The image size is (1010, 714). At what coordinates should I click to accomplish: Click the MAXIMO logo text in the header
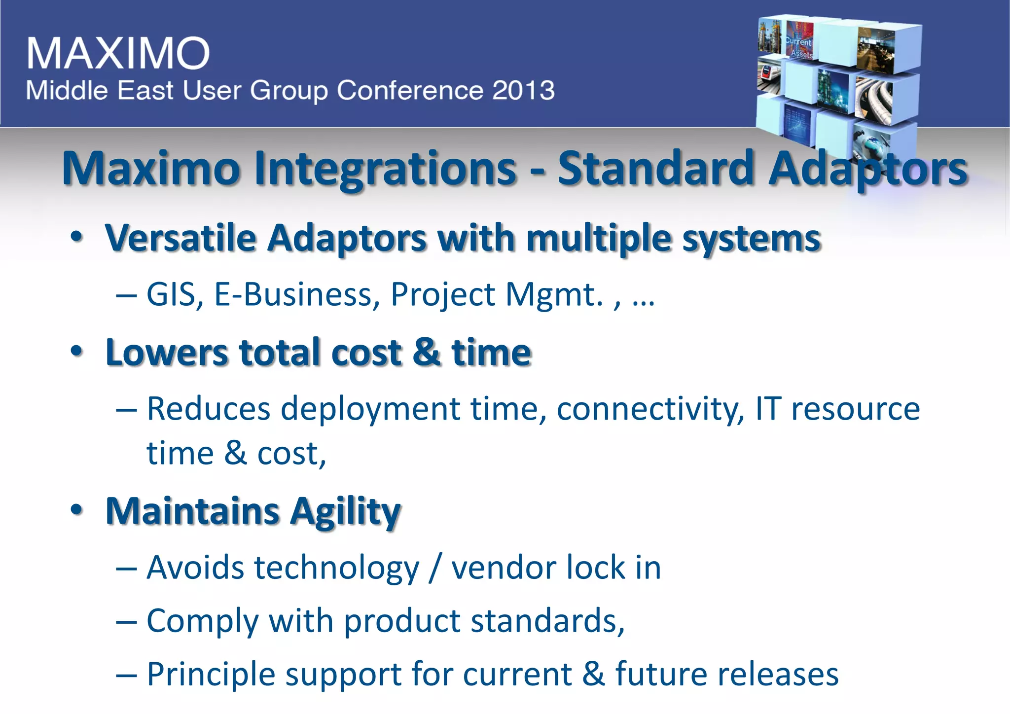point(118,53)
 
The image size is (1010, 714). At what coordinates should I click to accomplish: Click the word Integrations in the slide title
point(385,169)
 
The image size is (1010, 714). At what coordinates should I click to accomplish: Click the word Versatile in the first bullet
point(180,239)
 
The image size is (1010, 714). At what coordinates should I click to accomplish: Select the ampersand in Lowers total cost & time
point(427,353)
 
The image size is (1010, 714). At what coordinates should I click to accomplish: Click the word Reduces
point(209,409)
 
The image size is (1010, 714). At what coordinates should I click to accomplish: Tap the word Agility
point(345,512)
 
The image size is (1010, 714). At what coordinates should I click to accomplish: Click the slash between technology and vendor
point(434,568)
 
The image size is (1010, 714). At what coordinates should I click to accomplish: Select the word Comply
point(203,621)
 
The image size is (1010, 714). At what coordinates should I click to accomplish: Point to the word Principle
point(211,675)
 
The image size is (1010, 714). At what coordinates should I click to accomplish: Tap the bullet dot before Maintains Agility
point(76,510)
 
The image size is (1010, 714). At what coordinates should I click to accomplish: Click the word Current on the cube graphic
point(798,42)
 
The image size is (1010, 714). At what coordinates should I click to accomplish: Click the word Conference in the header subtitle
point(410,91)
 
